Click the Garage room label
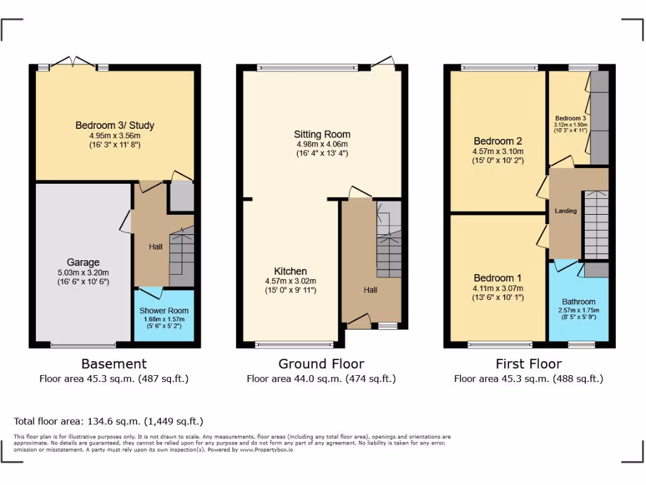(83, 263)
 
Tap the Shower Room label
(164, 311)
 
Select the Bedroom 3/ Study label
(115, 126)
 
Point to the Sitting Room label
(322, 135)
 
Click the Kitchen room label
(290, 272)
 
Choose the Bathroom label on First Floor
(578, 302)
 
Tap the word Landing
(565, 211)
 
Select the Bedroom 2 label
(498, 141)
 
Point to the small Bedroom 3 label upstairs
(571, 118)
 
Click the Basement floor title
(114, 364)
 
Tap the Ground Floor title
(321, 364)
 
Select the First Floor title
(529, 364)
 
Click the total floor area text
(109, 421)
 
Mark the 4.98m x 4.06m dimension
(322, 144)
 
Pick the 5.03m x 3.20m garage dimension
(83, 273)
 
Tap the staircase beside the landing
(596, 224)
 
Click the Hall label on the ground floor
(370, 290)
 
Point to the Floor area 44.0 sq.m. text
(321, 379)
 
